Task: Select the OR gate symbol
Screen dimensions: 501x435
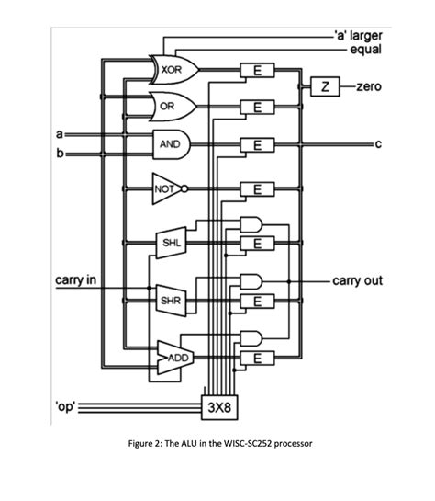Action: pyautogui.click(x=168, y=107)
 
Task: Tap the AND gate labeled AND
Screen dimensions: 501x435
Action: pyautogui.click(x=171, y=144)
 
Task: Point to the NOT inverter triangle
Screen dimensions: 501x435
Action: pyautogui.click(x=166, y=189)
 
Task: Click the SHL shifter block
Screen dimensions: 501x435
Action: pyautogui.click(x=171, y=243)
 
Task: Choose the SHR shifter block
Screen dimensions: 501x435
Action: pyautogui.click(x=171, y=301)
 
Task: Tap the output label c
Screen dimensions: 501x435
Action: pyautogui.click(x=377, y=144)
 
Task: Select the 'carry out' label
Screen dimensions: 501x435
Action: pyautogui.click(x=357, y=279)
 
